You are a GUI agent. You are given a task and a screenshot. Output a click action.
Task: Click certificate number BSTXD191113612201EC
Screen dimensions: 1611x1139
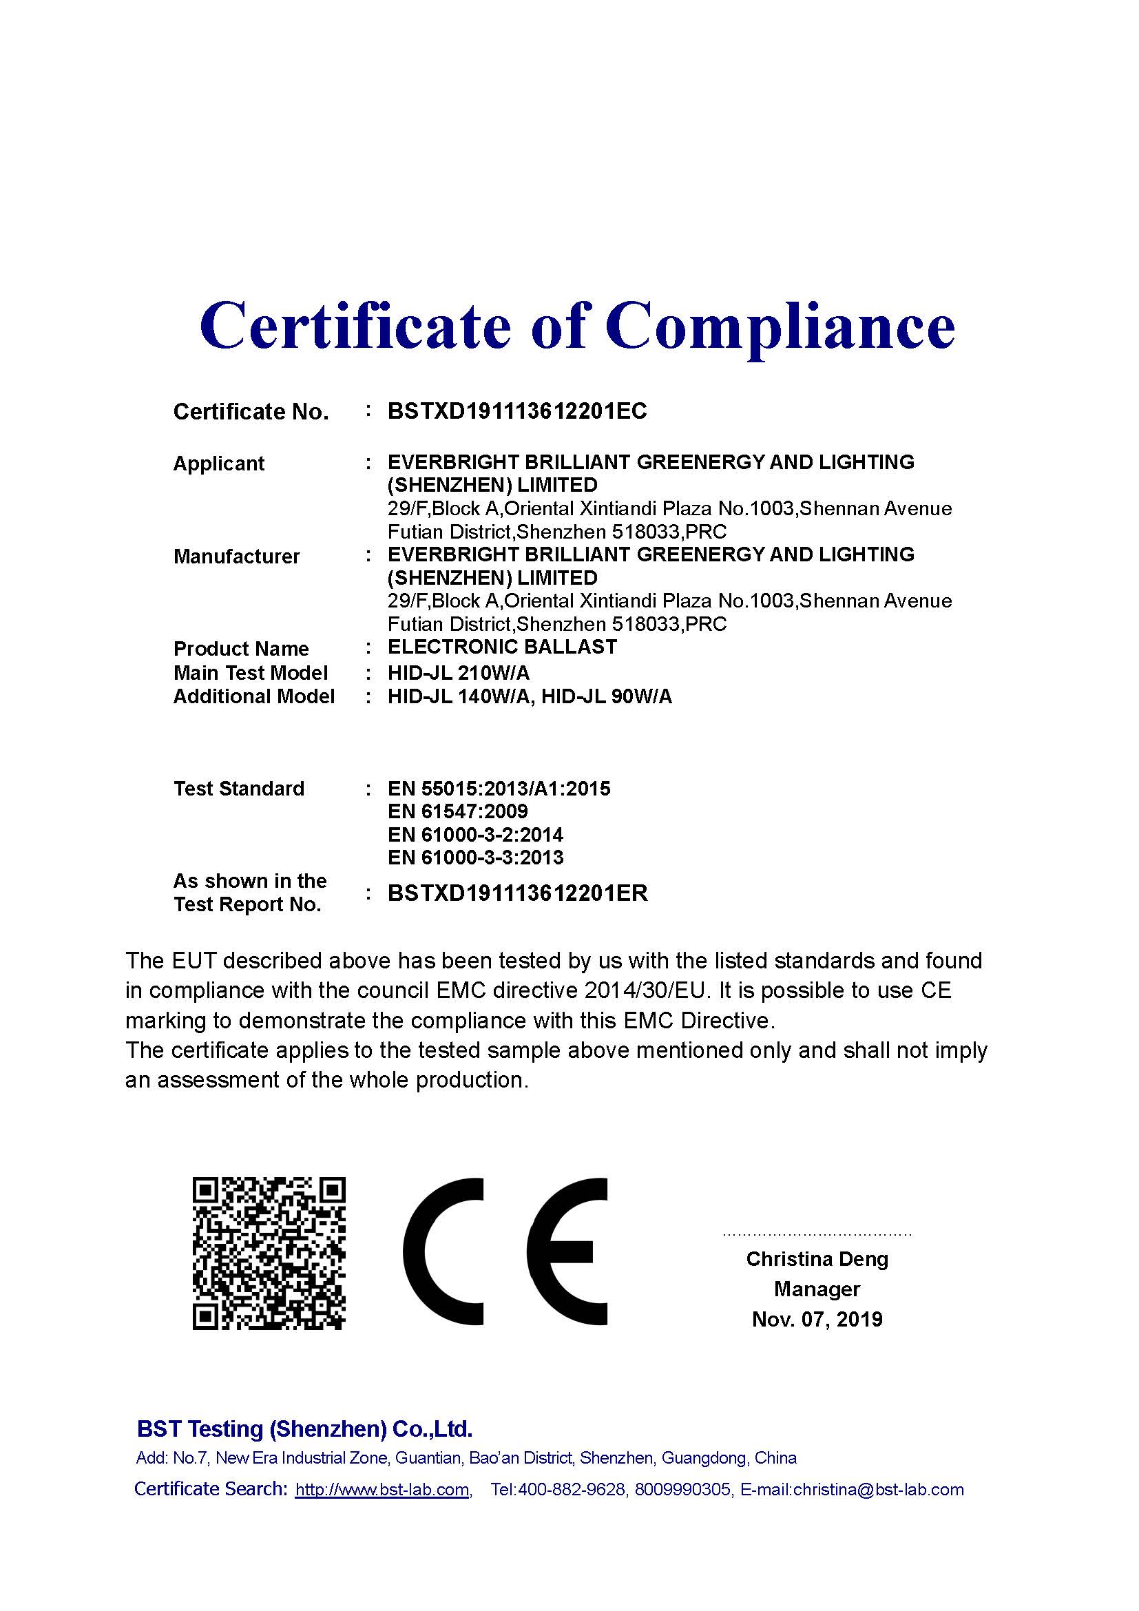click(517, 411)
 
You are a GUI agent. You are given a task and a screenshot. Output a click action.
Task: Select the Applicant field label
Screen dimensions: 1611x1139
click(219, 464)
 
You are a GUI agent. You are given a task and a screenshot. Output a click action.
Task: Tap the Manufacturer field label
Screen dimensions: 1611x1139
click(236, 557)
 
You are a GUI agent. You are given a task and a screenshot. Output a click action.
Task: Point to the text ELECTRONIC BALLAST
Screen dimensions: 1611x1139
click(502, 647)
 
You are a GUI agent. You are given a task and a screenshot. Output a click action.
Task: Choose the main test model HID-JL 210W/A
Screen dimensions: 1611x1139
click(459, 673)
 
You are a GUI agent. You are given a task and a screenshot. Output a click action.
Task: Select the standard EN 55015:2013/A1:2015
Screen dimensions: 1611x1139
click(499, 789)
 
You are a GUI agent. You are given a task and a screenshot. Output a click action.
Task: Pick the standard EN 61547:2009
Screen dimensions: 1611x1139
click(457, 812)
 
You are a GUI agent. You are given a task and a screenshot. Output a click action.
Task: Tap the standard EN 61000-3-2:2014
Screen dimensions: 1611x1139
click(476, 835)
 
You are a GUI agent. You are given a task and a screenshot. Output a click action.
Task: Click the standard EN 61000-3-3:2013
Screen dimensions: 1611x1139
click(476, 858)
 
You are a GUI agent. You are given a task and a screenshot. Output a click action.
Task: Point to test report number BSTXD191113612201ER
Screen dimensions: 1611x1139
click(518, 893)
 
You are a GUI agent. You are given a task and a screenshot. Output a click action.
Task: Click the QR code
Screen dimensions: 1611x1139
click(269, 1254)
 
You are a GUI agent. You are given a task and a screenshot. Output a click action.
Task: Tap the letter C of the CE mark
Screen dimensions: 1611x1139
click(444, 1251)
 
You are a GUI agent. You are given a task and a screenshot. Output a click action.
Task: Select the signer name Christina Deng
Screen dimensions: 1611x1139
click(817, 1260)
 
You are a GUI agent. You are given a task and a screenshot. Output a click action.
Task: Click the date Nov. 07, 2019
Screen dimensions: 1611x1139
click(817, 1320)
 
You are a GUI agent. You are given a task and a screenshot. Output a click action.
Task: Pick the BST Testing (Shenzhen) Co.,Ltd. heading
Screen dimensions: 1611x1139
click(304, 1429)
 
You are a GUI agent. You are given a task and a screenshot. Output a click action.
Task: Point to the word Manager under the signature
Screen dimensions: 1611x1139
click(817, 1289)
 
